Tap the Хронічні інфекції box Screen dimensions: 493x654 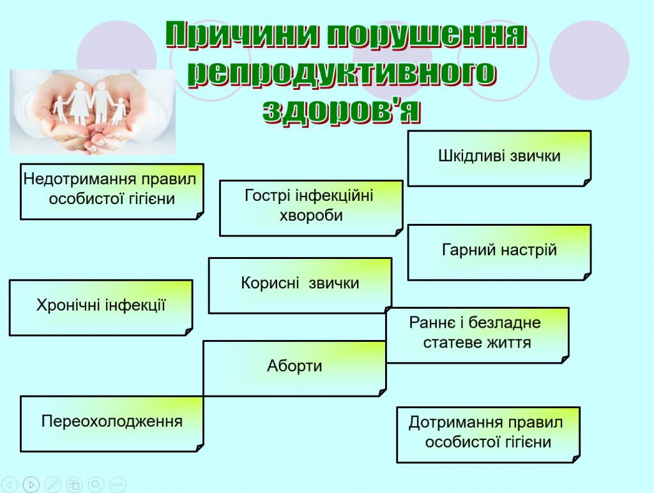coord(101,307)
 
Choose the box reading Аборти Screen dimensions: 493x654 coord(294,367)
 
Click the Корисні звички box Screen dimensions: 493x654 coord(300,284)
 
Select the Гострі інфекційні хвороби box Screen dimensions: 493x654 coord(310,207)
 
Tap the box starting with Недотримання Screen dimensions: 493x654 coord(112,190)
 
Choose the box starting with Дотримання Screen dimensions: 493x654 coord(487,434)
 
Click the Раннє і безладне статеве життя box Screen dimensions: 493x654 coord(476,334)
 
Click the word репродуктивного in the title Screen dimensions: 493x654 coord(341,73)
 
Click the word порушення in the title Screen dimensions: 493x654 coord(426,36)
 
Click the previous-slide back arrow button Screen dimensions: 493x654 coord(10,485)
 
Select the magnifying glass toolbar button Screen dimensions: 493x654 coord(96,485)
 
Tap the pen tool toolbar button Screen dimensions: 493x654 coord(53,485)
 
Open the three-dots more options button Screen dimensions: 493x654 coord(118,485)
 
